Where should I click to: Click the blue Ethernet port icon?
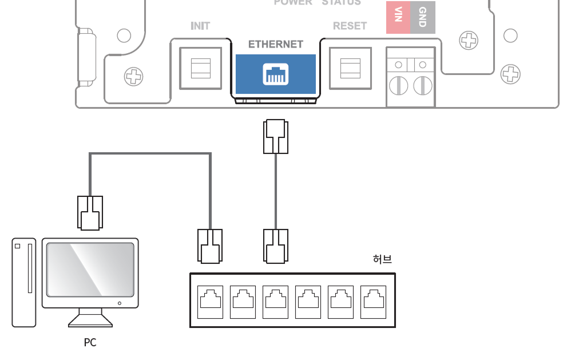(276, 74)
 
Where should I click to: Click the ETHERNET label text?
(276, 44)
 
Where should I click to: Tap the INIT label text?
(200, 26)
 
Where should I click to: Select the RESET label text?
(350, 26)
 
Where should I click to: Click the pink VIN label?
(398, 17)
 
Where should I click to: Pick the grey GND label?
(423, 17)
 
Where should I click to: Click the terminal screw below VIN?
(398, 86)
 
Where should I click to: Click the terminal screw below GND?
(423, 86)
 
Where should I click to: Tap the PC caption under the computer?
(90, 343)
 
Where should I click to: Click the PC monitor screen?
(90, 269)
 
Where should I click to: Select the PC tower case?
(24, 282)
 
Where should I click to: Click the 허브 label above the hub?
(382, 259)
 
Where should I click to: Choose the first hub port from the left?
(210, 302)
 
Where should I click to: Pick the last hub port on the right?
(373, 302)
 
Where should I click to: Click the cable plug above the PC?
(90, 213)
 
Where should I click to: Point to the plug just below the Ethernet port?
(276, 137)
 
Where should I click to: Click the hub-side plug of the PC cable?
(210, 246)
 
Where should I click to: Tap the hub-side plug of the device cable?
(276, 246)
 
